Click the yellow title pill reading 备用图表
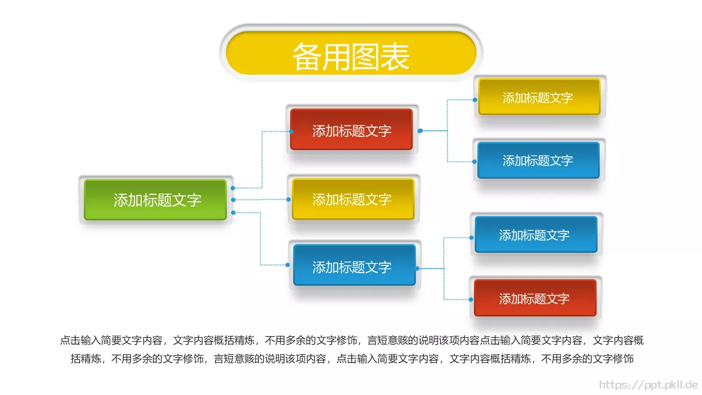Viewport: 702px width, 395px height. (351, 53)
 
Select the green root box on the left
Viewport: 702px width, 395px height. (155, 200)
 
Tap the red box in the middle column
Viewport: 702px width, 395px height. (351, 130)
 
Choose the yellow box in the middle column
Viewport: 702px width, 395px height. (353, 199)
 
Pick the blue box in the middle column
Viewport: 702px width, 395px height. (354, 265)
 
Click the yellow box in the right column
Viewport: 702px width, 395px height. (539, 97)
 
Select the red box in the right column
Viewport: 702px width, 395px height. (535, 298)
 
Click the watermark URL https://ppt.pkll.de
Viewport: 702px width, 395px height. (648, 385)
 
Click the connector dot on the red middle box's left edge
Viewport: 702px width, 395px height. (291, 131)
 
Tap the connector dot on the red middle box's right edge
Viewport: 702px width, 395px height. (420, 131)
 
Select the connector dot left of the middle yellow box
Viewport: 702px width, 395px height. (288, 200)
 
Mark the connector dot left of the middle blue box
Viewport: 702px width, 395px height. (287, 265)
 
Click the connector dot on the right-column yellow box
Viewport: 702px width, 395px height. (475, 100)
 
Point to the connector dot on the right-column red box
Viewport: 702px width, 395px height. (471, 300)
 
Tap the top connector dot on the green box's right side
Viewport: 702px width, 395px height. (233, 188)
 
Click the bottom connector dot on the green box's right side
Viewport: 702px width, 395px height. (233, 213)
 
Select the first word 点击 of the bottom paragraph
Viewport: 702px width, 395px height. (70, 340)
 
